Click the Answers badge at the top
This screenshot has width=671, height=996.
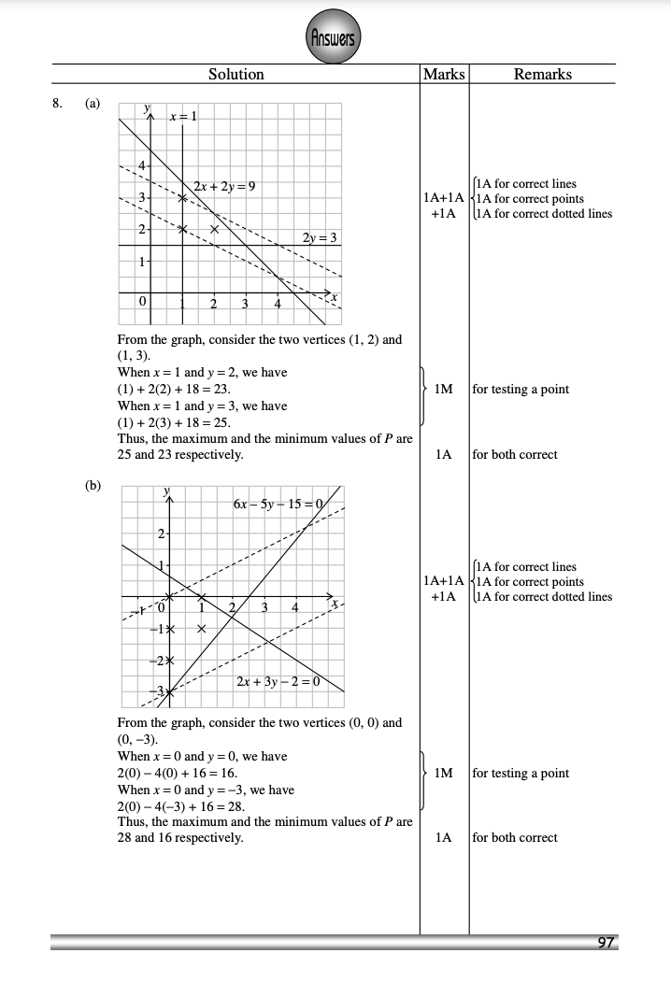pyautogui.click(x=335, y=38)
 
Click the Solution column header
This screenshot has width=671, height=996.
pyautogui.click(x=236, y=74)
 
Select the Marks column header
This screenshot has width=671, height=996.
pyautogui.click(x=444, y=74)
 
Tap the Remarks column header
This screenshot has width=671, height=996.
pyautogui.click(x=543, y=74)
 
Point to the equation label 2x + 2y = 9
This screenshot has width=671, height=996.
pyautogui.click(x=225, y=186)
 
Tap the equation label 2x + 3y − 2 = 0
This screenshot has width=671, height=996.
pyautogui.click(x=278, y=680)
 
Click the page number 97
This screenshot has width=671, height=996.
pyautogui.click(x=607, y=943)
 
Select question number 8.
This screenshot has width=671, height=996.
pyautogui.click(x=58, y=103)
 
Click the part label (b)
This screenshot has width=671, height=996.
pyautogui.click(x=93, y=486)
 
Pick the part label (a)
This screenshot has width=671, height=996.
pyautogui.click(x=93, y=103)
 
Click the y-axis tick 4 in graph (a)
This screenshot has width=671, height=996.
pyautogui.click(x=142, y=166)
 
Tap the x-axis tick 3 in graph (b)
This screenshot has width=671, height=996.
pyautogui.click(x=264, y=609)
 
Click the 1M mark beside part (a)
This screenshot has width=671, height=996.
pyautogui.click(x=444, y=390)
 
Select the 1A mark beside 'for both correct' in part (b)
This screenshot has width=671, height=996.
pyautogui.click(x=444, y=838)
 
